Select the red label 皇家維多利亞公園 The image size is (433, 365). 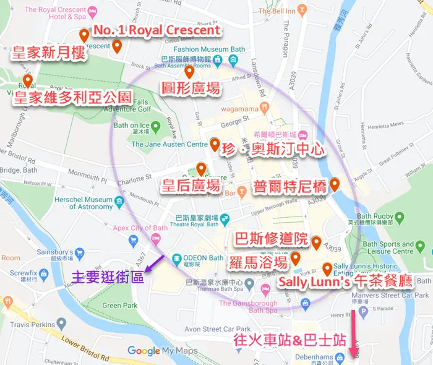click(73, 97)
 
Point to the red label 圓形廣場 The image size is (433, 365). click(190, 88)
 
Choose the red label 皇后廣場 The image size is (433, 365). click(191, 186)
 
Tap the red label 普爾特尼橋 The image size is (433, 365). click(290, 186)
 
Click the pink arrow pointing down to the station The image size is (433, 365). click(355, 334)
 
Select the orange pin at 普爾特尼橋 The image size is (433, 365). click(335, 184)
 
